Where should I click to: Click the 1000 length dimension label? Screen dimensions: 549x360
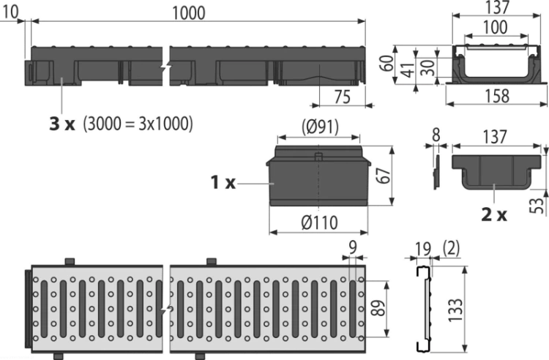[x=189, y=13]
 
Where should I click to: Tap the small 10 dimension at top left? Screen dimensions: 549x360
[x=10, y=12]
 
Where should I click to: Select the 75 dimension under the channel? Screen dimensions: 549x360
[x=342, y=97]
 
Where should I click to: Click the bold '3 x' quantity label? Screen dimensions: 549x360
[x=62, y=124]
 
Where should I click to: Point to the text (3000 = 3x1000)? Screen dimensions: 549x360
[x=138, y=124]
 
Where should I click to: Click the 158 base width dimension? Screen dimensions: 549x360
[x=497, y=96]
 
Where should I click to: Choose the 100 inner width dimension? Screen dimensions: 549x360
[x=495, y=27]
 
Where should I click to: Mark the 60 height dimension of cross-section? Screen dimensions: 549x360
[x=387, y=63]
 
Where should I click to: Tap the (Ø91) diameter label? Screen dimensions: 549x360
[x=321, y=127]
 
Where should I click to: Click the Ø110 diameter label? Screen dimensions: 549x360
[x=319, y=222]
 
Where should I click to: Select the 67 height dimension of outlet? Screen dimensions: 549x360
[x=383, y=175]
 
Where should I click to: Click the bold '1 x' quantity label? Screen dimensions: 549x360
[x=223, y=182]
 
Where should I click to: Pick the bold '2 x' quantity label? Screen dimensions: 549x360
[x=494, y=214]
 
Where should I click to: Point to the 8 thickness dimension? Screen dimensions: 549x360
[x=436, y=135]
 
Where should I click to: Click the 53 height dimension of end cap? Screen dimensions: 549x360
[x=539, y=206]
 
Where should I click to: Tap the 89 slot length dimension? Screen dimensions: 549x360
[x=378, y=309]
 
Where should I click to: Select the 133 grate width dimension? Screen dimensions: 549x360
[x=455, y=310]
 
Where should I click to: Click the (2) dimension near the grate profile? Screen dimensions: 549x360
[x=452, y=248]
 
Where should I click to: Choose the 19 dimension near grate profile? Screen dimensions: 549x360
[x=424, y=249]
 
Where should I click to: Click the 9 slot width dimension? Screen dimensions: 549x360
[x=353, y=247]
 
